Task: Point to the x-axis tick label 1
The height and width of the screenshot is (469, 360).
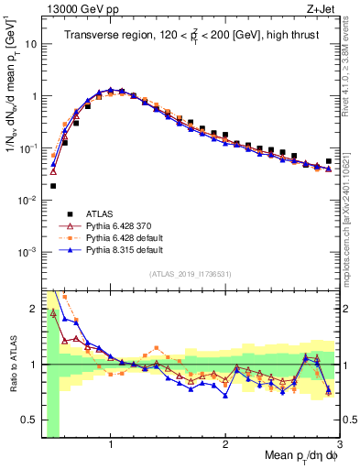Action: click(111, 443)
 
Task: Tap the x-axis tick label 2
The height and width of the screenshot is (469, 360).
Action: click(225, 443)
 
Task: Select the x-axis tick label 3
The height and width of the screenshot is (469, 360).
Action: click(339, 443)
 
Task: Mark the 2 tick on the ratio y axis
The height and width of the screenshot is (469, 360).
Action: click(35, 308)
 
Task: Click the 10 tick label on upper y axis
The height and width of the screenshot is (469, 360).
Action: click(32, 43)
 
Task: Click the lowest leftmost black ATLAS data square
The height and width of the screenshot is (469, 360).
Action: click(53, 186)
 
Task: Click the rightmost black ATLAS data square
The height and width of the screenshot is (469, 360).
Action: click(329, 161)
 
